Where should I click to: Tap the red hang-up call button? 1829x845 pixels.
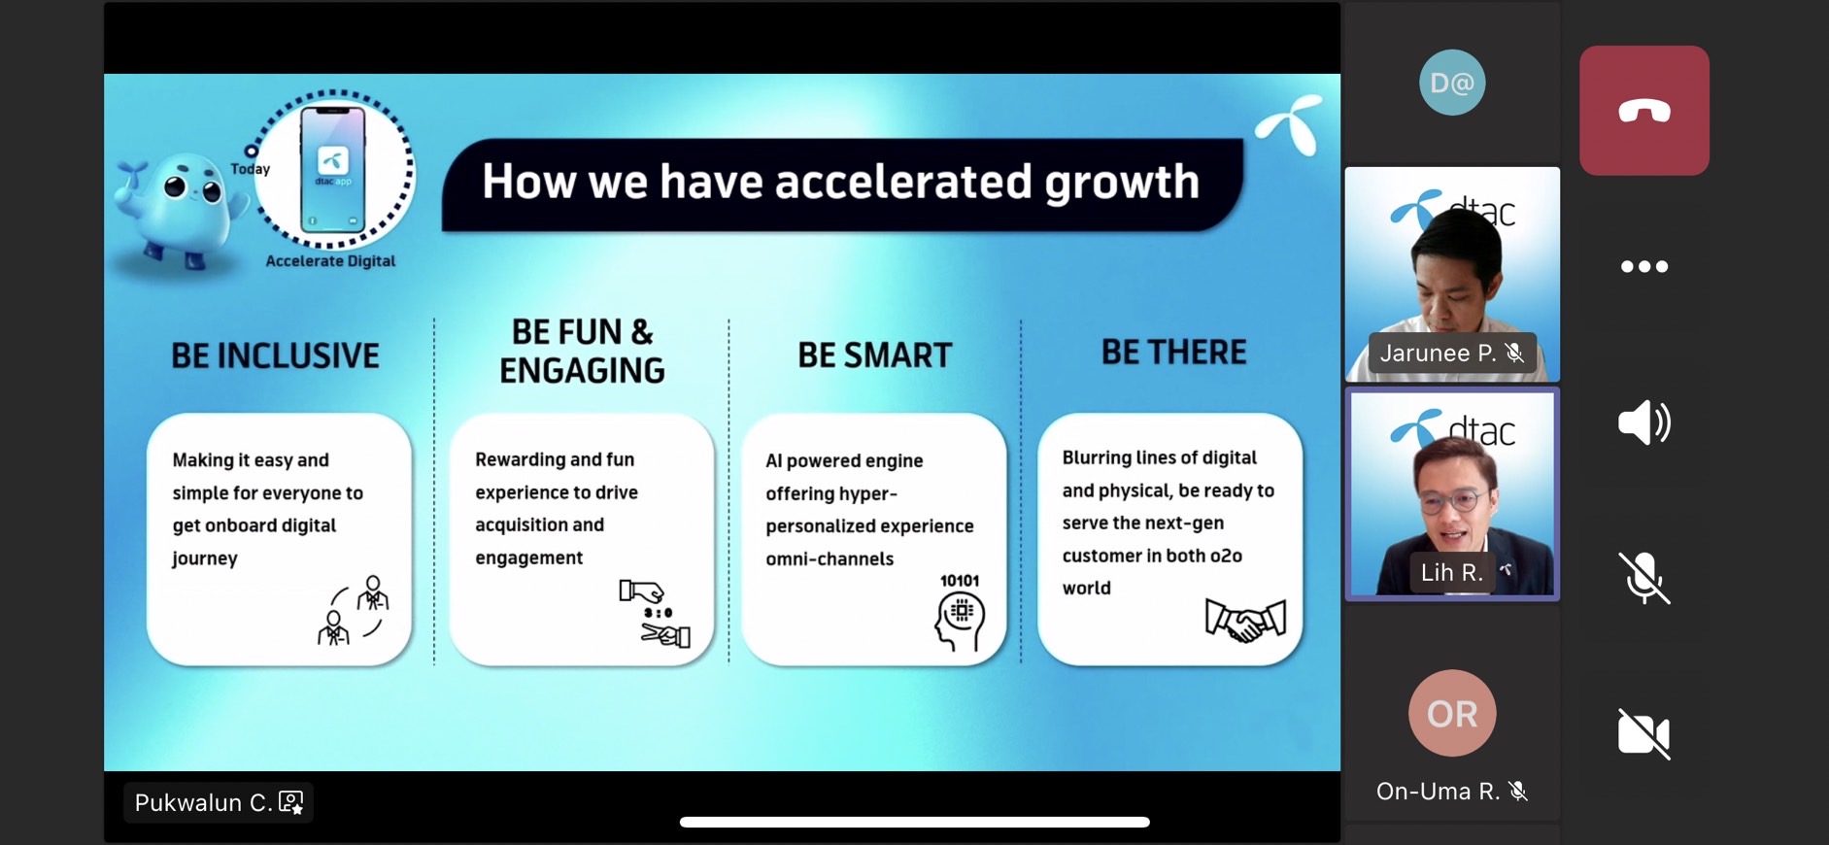[1643, 111]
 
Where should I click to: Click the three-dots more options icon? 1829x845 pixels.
[1643, 266]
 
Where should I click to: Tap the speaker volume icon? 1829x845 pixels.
[1643, 422]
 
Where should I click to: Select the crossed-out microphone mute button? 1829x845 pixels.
[1643, 578]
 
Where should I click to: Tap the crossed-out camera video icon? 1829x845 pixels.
[1643, 733]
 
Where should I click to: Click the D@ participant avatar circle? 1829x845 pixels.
[1452, 83]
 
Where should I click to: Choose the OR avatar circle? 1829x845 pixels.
[1452, 713]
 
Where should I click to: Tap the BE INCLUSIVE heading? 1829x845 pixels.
[276, 355]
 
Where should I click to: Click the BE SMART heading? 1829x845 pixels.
[875, 355]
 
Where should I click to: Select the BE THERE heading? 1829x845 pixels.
[1173, 352]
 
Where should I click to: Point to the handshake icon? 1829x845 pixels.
[1245, 620]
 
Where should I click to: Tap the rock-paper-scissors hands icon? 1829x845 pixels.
[655, 613]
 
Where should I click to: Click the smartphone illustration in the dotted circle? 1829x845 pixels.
[333, 171]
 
